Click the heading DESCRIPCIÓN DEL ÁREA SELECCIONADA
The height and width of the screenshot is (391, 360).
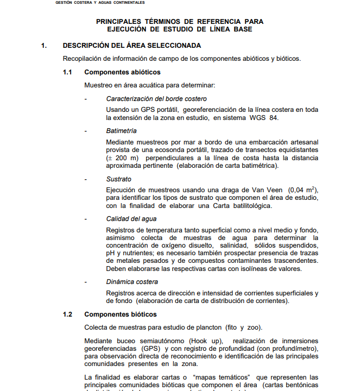(132, 46)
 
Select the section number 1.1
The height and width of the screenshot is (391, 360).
(68, 72)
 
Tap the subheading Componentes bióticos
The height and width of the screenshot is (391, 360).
(121, 314)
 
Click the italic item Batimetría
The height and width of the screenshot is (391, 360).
(121, 131)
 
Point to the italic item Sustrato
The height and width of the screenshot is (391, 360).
(118, 179)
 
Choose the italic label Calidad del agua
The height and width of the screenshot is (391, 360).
(131, 219)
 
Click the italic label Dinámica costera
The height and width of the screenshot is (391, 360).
(132, 282)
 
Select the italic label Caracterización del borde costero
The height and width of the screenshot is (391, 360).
(156, 99)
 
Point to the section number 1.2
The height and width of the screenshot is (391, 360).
(68, 314)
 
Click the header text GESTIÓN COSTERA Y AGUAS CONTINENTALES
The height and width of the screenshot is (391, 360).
(100, 3)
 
